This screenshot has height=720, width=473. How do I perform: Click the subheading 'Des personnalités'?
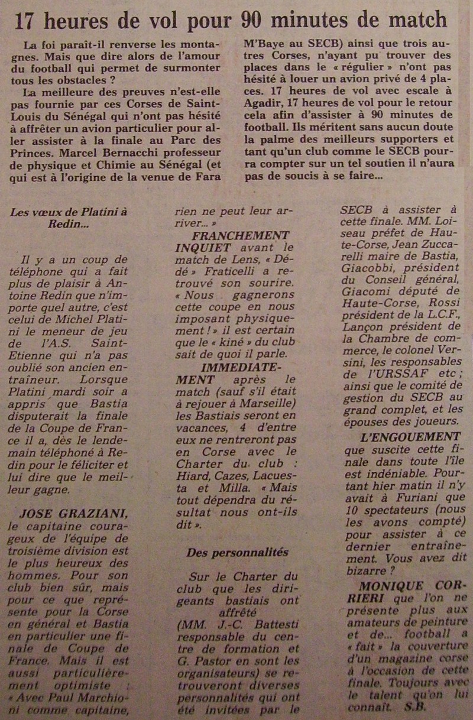point(238,552)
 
